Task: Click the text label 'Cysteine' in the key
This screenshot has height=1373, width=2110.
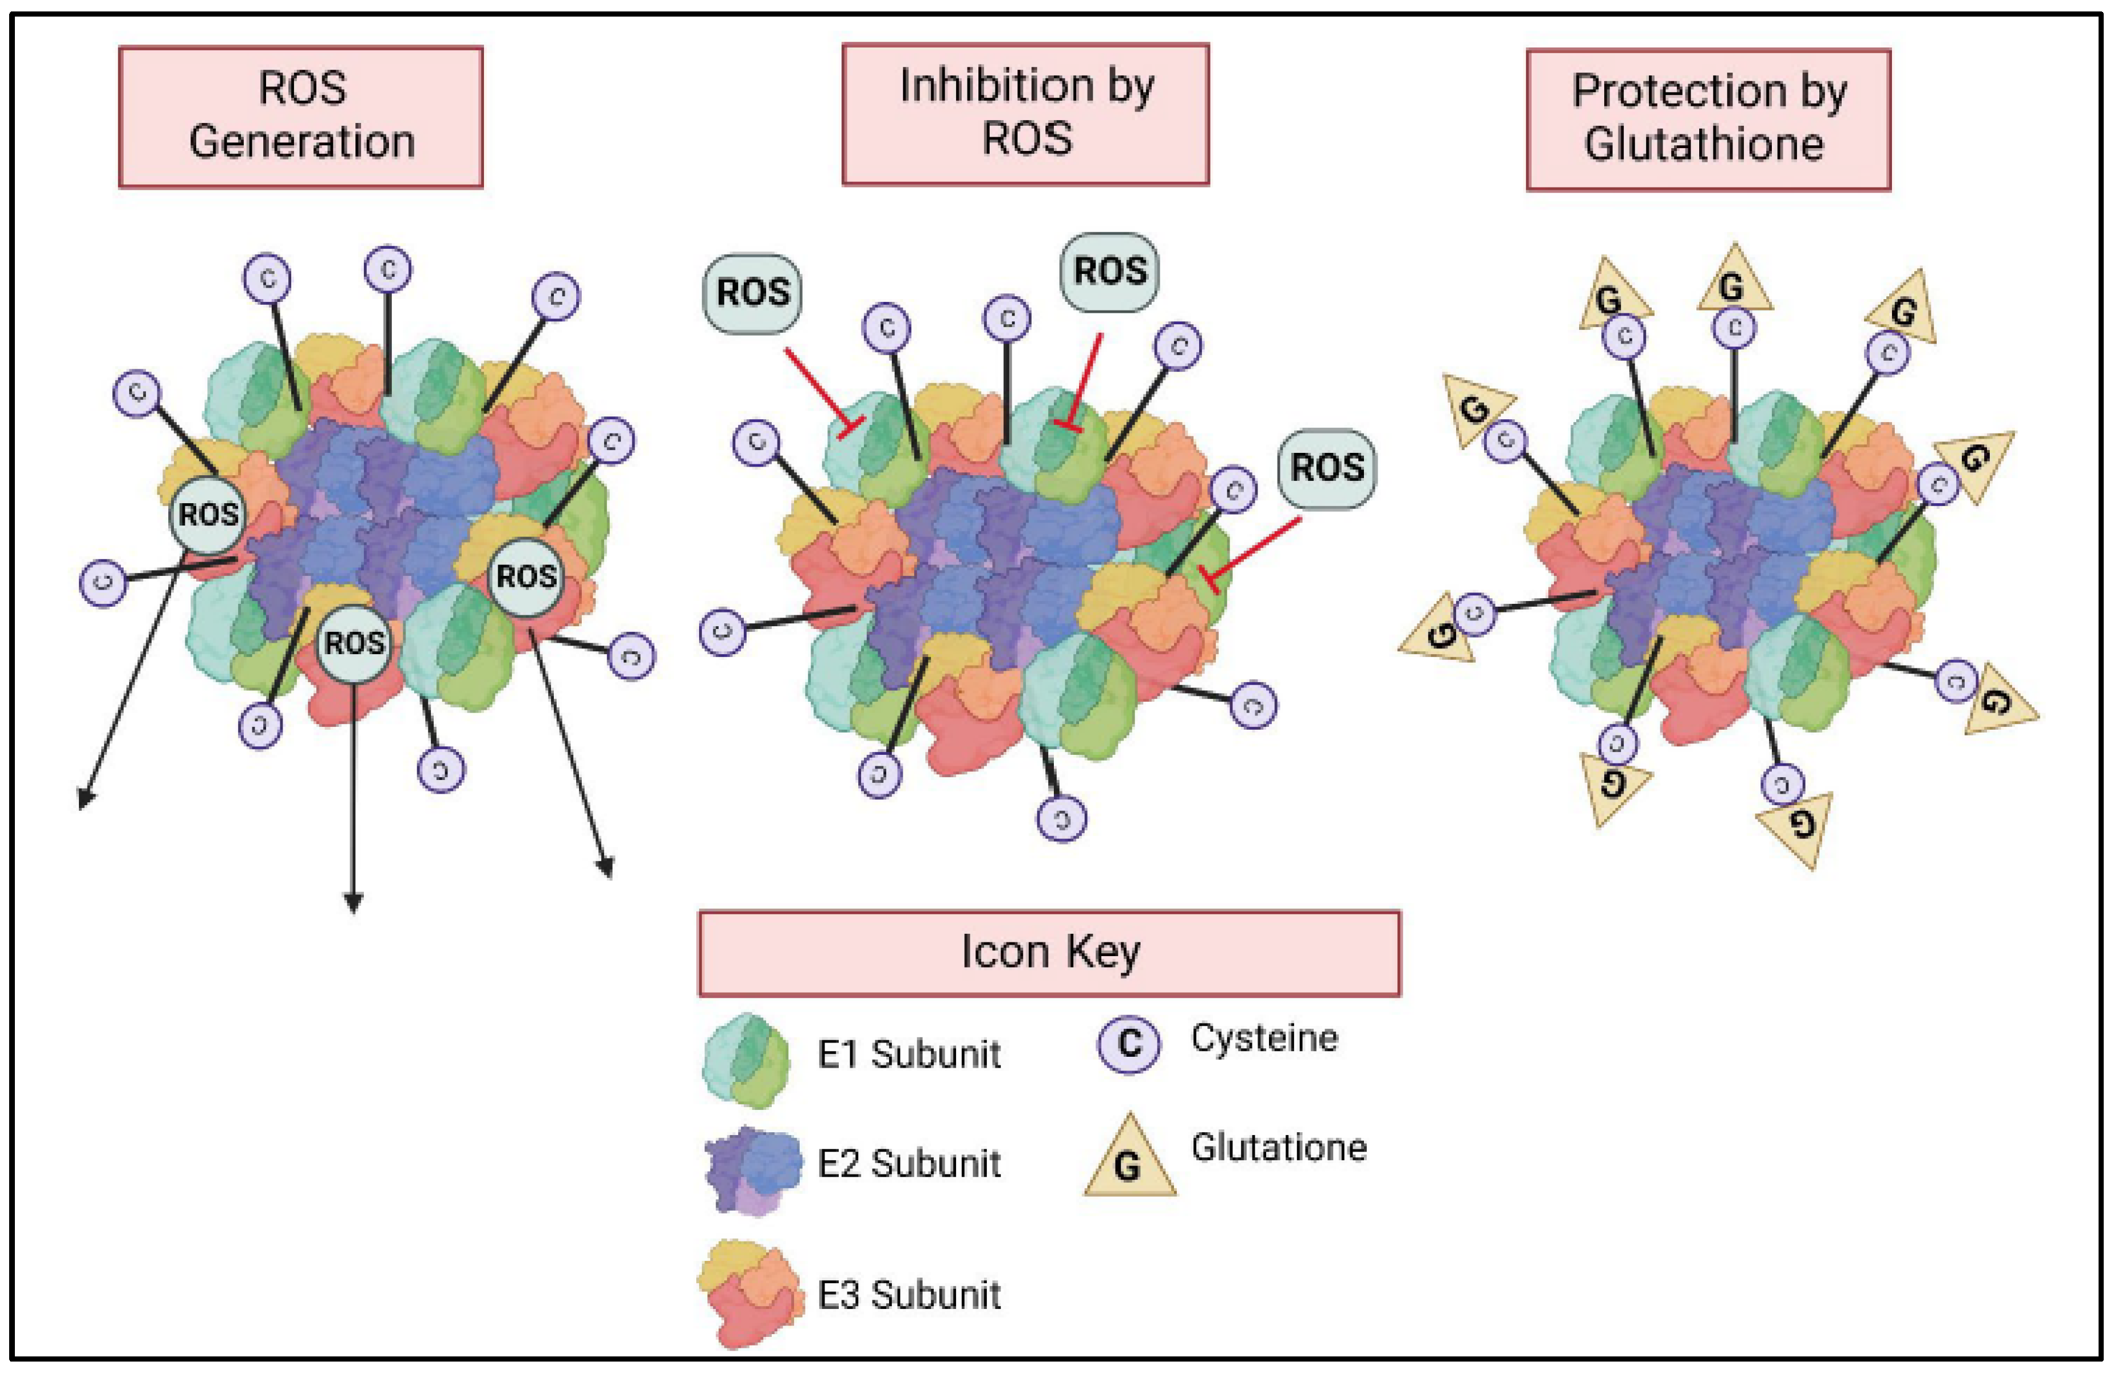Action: [1263, 1038]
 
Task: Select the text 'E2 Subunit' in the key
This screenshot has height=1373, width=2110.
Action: [909, 1164]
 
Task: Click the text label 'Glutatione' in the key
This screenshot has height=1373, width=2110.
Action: [1278, 1148]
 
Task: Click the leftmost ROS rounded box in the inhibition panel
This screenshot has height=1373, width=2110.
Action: [752, 293]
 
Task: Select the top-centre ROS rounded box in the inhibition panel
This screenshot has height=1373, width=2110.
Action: [1109, 272]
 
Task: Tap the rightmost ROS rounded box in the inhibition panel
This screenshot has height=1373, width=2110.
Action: [1326, 469]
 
